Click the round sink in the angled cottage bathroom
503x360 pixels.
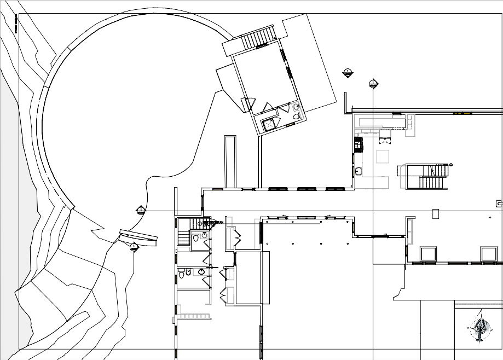(x=296, y=107)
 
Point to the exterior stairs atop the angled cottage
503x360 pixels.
(x=256, y=40)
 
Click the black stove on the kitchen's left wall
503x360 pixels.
(x=359, y=144)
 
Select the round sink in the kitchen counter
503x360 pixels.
(x=359, y=171)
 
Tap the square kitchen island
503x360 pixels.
(x=383, y=157)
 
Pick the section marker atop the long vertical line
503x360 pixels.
(x=373, y=84)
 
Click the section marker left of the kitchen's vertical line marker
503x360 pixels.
(x=348, y=73)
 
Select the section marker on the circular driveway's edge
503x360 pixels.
(x=141, y=210)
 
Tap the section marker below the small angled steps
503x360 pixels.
(x=135, y=247)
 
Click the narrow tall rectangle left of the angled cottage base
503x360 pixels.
(x=230, y=161)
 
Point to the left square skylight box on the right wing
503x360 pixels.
(x=427, y=254)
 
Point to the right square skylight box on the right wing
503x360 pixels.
(x=488, y=254)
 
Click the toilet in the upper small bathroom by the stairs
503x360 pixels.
(x=195, y=238)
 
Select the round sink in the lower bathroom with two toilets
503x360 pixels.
(x=201, y=271)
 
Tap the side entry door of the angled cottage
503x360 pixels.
(x=248, y=103)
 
